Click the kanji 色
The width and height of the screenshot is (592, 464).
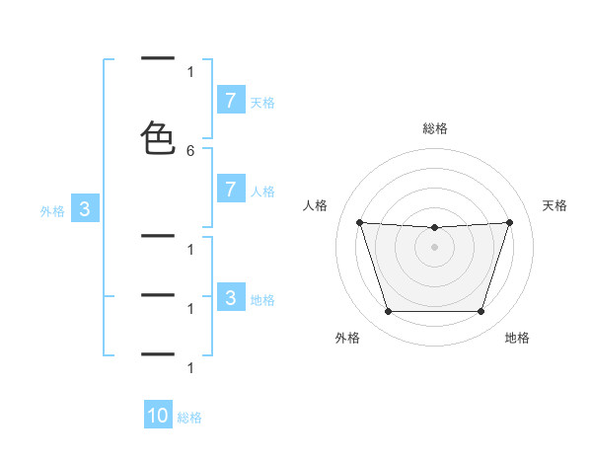[x=158, y=138]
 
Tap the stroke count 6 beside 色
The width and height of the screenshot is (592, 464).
[x=190, y=151]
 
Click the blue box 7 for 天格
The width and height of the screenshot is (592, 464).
[x=230, y=100]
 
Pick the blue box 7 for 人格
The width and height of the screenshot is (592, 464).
[x=230, y=190]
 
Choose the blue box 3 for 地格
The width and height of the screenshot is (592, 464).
[x=230, y=298]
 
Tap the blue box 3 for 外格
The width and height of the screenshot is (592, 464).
[x=85, y=209]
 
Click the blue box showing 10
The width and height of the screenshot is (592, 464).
[x=158, y=416]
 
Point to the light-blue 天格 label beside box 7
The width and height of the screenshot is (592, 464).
[x=262, y=102]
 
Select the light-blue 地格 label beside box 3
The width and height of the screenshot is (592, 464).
[x=262, y=299]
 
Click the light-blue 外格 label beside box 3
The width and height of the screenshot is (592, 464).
[x=52, y=210]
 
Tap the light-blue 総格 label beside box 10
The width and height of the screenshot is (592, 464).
[x=189, y=418]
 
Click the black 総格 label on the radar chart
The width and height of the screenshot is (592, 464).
[x=434, y=128]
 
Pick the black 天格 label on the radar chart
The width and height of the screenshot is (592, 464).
[x=555, y=205]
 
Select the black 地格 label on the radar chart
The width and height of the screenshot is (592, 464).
[x=517, y=338]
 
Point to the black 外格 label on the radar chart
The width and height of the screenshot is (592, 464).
[x=347, y=338]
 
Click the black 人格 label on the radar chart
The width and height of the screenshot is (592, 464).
[x=315, y=205]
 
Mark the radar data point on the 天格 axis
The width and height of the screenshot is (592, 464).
[x=509, y=222]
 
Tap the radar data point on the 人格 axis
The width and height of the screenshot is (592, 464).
[x=359, y=222]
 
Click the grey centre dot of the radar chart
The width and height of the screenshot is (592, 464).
[x=434, y=246]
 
